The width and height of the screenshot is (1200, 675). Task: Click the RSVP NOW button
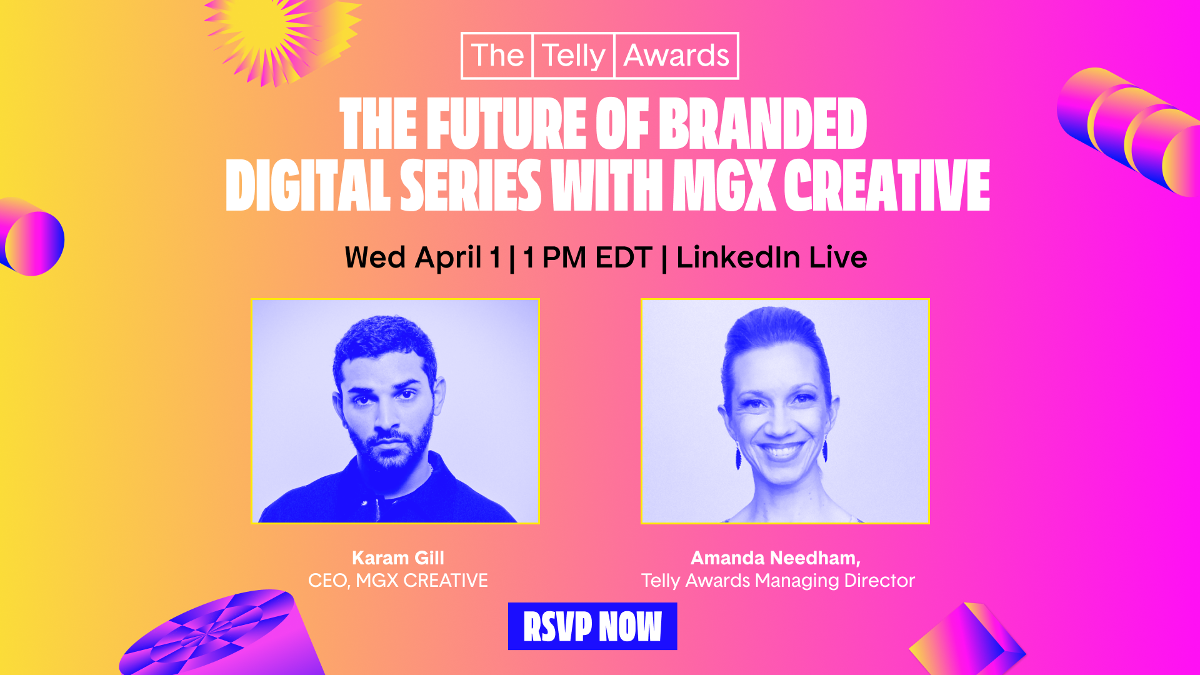pyautogui.click(x=592, y=626)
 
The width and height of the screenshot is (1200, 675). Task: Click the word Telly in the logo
pyautogui.click(x=573, y=56)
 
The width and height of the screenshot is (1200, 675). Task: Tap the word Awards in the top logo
pyautogui.click(x=676, y=56)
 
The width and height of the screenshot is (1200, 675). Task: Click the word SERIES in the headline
pyautogui.click(x=470, y=186)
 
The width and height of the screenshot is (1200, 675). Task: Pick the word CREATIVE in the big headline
pyautogui.click(x=886, y=186)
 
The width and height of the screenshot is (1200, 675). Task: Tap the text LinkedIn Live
pyautogui.click(x=771, y=257)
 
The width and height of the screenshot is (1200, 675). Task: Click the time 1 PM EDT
pyautogui.click(x=587, y=257)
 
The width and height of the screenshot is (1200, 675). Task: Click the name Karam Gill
pyautogui.click(x=397, y=557)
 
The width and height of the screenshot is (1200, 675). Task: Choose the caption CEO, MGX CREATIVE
pyautogui.click(x=397, y=581)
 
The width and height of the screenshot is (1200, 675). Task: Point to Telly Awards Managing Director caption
pyautogui.click(x=777, y=581)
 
